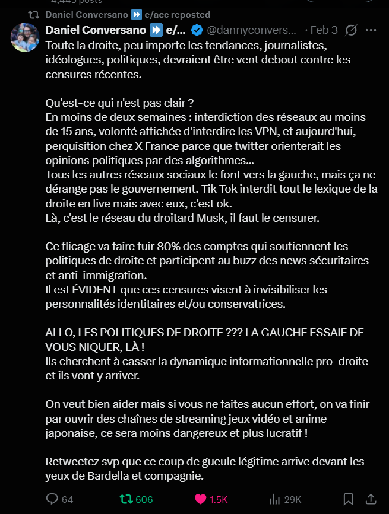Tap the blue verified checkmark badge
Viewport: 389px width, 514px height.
point(197,30)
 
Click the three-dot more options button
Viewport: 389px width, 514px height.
point(371,30)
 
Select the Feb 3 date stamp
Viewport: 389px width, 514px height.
point(325,30)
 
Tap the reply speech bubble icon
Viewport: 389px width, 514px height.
point(52,499)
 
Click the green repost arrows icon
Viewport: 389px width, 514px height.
point(126,499)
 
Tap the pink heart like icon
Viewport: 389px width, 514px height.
point(201,499)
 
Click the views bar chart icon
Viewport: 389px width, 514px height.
point(275,499)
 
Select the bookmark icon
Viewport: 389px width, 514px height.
point(349,499)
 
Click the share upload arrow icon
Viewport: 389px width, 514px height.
point(371,499)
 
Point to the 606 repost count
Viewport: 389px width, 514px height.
point(144,500)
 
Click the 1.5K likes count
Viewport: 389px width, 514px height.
point(219,500)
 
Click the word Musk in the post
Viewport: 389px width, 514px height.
point(201,218)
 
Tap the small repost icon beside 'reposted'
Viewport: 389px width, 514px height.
point(35,14)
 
